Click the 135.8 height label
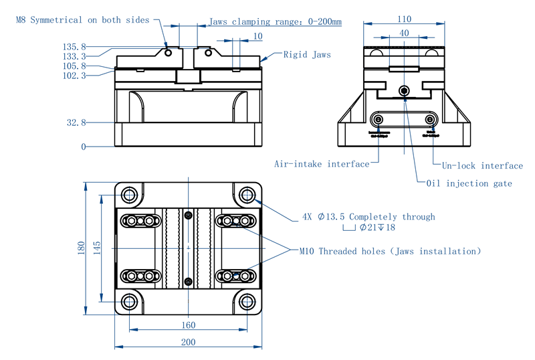click(74, 47)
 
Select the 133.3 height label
click(74, 56)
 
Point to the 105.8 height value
click(74, 66)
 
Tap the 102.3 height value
click(74, 76)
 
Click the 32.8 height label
click(76, 122)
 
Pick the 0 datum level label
click(84, 147)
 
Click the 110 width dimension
click(403, 19)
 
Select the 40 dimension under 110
click(403, 33)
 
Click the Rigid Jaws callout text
click(307, 55)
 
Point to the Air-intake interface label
click(321, 164)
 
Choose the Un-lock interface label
click(482, 166)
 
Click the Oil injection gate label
click(469, 183)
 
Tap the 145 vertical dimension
click(98, 248)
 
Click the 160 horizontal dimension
click(188, 325)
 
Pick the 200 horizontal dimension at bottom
click(188, 342)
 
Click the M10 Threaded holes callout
click(390, 252)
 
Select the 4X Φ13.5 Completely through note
click(368, 217)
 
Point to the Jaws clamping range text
click(275, 21)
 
